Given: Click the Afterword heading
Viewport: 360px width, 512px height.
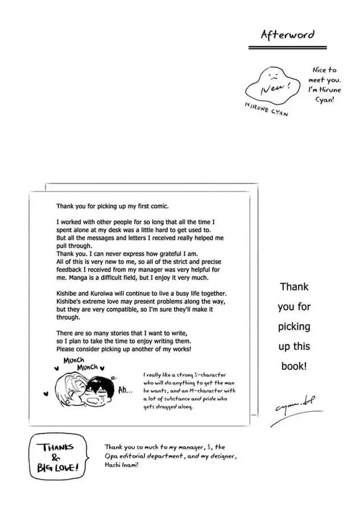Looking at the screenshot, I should pyautogui.click(x=287, y=35).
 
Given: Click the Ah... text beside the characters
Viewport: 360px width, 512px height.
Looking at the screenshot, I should pyautogui.click(x=126, y=391).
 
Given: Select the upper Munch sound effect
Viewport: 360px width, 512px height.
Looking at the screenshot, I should pyautogui.click(x=74, y=361).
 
